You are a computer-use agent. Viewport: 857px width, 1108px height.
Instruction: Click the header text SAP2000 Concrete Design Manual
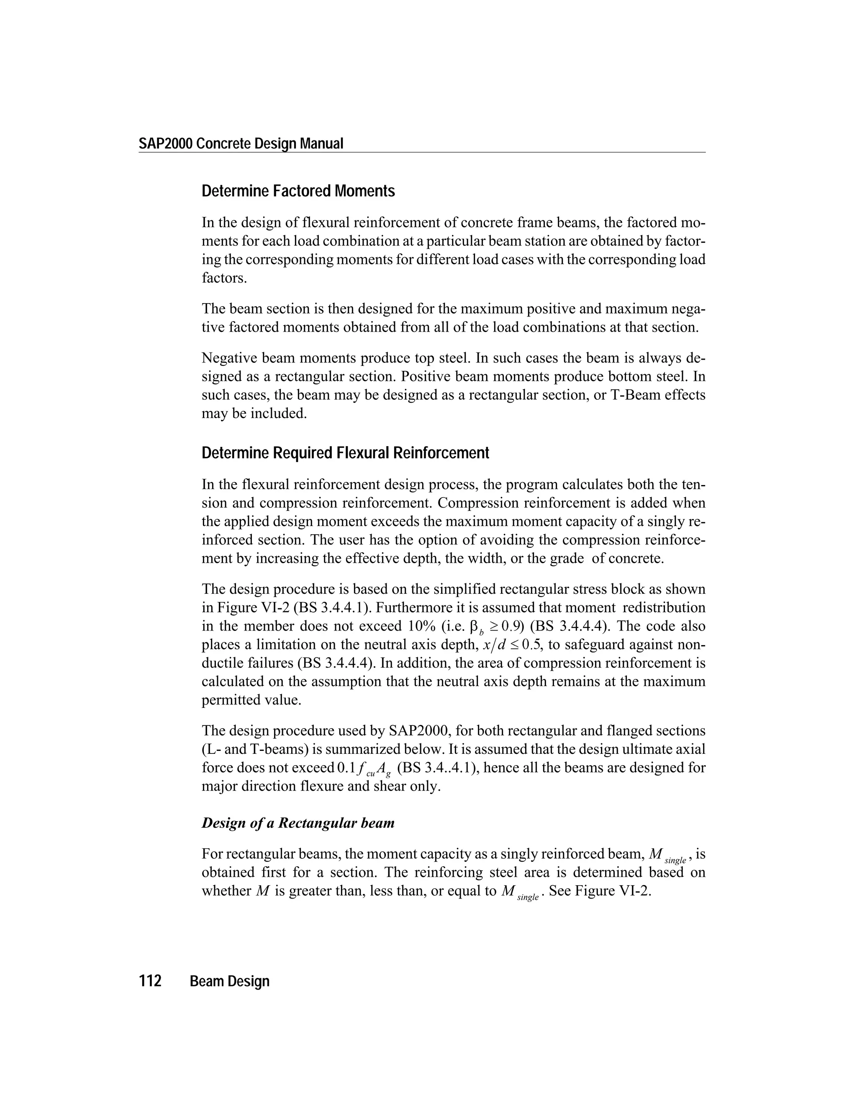pos(241,144)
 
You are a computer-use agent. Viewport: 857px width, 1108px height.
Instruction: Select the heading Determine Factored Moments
pos(298,191)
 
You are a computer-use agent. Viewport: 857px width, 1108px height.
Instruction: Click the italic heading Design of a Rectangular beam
pos(298,823)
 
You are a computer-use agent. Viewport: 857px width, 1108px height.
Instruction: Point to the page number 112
pos(150,981)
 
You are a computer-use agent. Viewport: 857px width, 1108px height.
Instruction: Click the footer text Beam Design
pos(229,982)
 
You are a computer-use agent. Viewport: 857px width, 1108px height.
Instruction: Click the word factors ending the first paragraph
pos(223,278)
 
